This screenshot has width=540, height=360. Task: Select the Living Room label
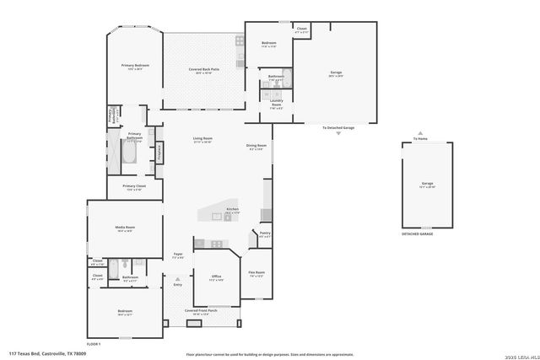tap(202, 141)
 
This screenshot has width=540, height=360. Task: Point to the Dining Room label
tap(256, 146)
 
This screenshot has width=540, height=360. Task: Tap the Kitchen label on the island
tap(232, 210)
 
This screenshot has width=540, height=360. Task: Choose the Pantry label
tap(264, 235)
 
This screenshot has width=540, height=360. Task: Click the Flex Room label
tap(256, 273)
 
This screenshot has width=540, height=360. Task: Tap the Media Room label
tap(125, 228)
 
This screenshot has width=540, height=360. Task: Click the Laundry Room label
tap(276, 106)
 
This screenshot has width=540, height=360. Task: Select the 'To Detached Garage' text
tap(338, 127)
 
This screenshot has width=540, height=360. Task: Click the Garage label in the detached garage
tap(427, 184)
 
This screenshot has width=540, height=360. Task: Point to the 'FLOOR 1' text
tap(94, 344)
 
